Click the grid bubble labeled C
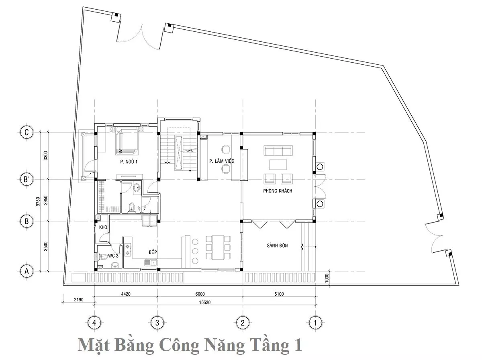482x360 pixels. click(27, 132)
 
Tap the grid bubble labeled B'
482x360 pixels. click(27, 179)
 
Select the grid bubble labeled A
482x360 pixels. click(27, 271)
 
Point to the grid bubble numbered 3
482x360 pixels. click(157, 323)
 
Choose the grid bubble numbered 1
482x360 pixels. click(316, 323)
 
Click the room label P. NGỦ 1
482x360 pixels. click(129, 162)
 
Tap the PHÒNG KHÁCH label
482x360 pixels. click(278, 191)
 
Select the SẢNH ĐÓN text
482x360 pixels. click(277, 245)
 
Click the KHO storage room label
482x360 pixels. click(103, 227)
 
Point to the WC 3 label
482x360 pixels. click(113, 256)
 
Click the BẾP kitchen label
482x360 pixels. click(153, 252)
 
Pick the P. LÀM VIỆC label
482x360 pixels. click(222, 161)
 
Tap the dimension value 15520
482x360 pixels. click(205, 302)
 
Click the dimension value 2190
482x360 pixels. click(79, 300)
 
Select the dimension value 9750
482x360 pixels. click(38, 201)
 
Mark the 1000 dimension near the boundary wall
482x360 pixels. click(327, 278)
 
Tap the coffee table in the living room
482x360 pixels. click(278, 164)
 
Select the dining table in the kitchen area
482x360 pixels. click(218, 247)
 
